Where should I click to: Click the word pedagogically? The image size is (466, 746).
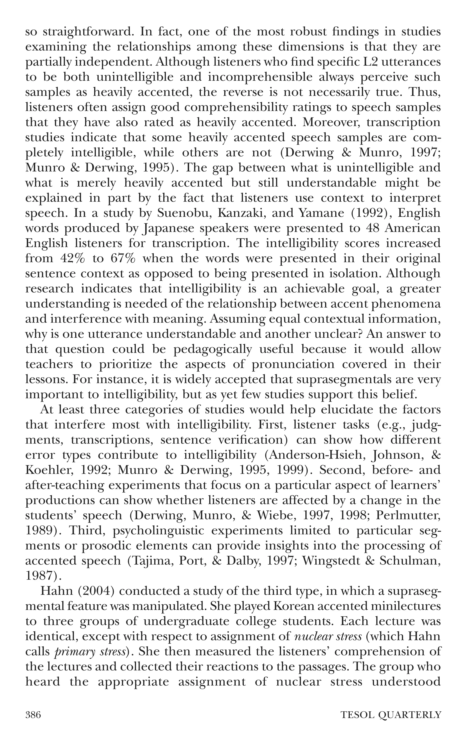218,349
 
